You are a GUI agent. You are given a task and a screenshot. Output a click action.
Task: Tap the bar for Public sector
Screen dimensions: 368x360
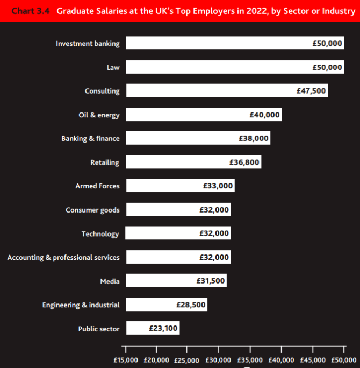pos(153,328)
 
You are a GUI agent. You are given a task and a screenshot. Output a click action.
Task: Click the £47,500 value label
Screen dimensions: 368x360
pos(311,91)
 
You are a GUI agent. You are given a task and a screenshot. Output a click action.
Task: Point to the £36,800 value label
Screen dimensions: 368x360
pos(244,162)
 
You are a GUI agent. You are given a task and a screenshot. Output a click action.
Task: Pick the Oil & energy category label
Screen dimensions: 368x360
pos(99,115)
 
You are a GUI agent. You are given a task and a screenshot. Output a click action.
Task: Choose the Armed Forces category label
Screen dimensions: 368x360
pos(97,186)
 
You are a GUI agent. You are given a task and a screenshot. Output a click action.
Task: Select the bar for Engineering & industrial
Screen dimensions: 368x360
pos(167,305)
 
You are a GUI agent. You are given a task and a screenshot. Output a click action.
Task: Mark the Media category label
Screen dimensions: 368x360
pos(110,281)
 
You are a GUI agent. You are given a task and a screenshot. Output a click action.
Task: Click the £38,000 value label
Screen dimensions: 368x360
pos(254,138)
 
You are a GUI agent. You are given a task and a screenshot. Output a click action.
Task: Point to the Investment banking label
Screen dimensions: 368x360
pos(88,43)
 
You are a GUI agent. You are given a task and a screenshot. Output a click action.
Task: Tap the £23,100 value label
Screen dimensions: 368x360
pos(163,328)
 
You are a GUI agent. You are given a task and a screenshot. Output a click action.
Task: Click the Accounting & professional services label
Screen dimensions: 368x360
pos(63,257)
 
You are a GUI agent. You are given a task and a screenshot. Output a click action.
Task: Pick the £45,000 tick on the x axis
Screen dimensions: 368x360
pos(312,359)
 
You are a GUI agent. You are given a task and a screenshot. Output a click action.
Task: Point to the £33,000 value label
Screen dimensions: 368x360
pos(218,186)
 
